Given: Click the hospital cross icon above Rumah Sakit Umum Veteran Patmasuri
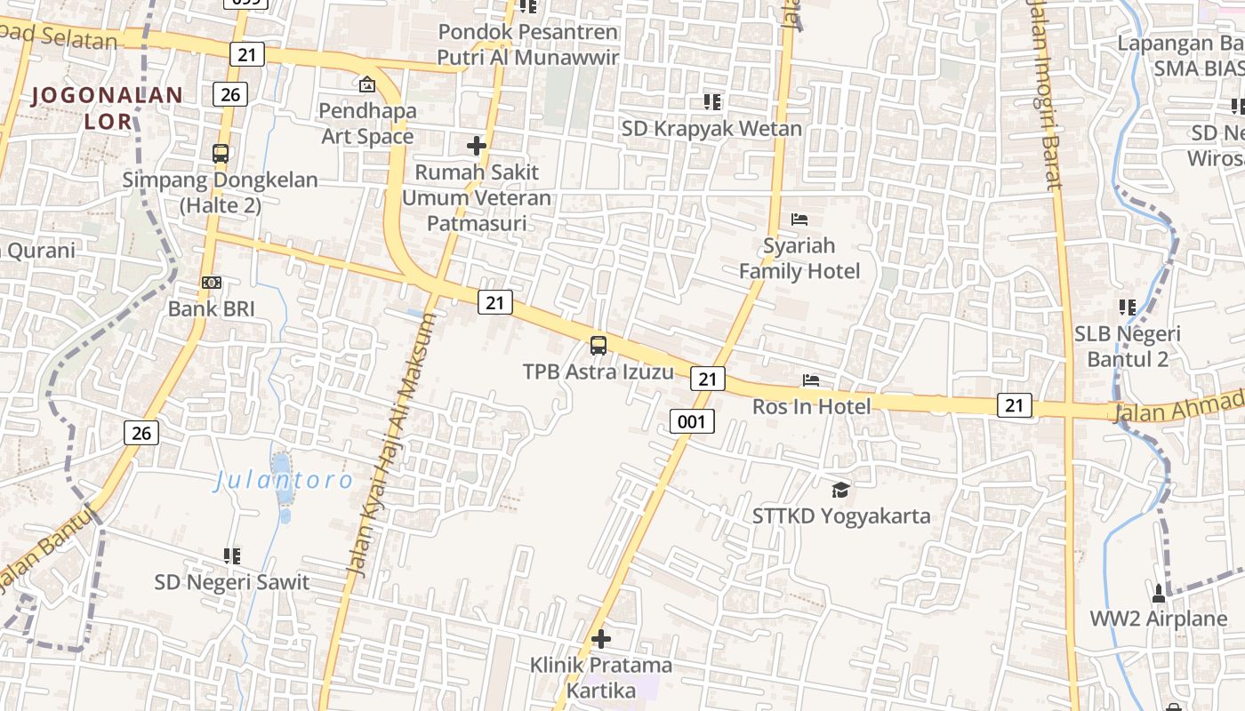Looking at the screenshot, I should click(477, 145).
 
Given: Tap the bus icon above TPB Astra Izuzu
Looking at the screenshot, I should click(598, 346).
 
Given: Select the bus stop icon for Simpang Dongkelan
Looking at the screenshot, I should click(221, 154).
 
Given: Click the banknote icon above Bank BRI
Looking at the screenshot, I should click(212, 283).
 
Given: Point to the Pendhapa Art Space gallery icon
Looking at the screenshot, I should click(366, 84).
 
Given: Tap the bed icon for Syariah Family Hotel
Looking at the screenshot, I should click(799, 220).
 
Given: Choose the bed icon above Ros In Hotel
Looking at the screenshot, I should click(811, 380).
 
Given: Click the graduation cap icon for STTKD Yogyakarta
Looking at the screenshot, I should click(840, 490).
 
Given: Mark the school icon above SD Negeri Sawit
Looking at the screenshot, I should click(232, 556).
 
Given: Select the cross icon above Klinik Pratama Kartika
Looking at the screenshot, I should click(601, 639).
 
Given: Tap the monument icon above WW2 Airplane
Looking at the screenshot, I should click(1159, 593).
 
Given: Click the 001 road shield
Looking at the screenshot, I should click(692, 421).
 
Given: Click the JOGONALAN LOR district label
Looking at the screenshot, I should click(107, 108).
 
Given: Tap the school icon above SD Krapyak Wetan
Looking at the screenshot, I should click(711, 102).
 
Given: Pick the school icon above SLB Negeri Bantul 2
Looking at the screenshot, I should click(1128, 308).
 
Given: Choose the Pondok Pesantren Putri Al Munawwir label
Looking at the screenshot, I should click(528, 44).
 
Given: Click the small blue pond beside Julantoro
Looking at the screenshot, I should click(281, 468).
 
